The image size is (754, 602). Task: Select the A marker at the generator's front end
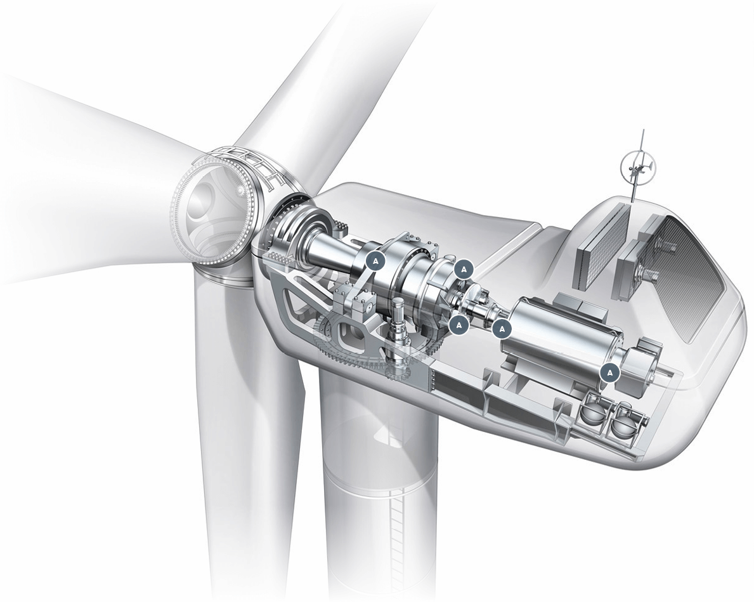coord(502,328)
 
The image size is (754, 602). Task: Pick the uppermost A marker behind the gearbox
coord(464,269)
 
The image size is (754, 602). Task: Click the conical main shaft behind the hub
coord(327,249)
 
